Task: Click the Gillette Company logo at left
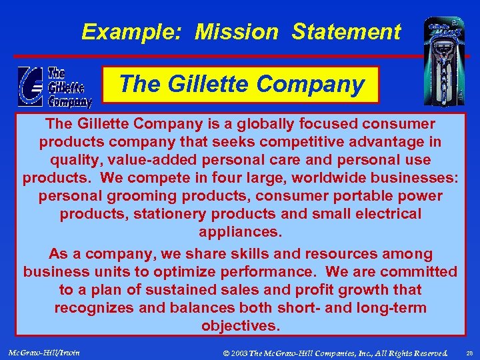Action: (x=55, y=87)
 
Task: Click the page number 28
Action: (x=469, y=351)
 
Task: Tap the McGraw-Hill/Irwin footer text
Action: (x=44, y=351)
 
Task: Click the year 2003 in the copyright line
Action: (x=240, y=351)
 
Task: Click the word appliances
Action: (x=241, y=232)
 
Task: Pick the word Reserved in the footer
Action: (x=430, y=351)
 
